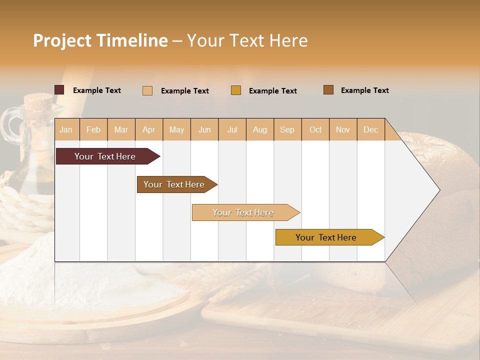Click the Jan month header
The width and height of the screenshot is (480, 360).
point(66,129)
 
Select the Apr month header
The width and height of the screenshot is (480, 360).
point(148,129)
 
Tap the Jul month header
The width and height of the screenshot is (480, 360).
point(232,129)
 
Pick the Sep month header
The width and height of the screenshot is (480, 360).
point(287,129)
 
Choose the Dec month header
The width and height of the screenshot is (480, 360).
point(370,129)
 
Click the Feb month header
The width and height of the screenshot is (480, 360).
point(93,129)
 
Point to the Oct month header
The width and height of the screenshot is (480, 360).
point(315,129)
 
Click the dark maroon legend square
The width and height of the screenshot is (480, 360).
point(59,90)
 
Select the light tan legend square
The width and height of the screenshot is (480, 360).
point(147,90)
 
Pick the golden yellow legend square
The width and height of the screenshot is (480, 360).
point(236,90)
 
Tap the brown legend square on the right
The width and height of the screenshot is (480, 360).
point(328,90)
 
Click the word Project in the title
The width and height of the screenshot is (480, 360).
point(62,40)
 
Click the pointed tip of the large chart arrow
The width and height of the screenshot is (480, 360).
point(438,189)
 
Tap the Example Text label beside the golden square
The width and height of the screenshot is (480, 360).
point(272,91)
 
